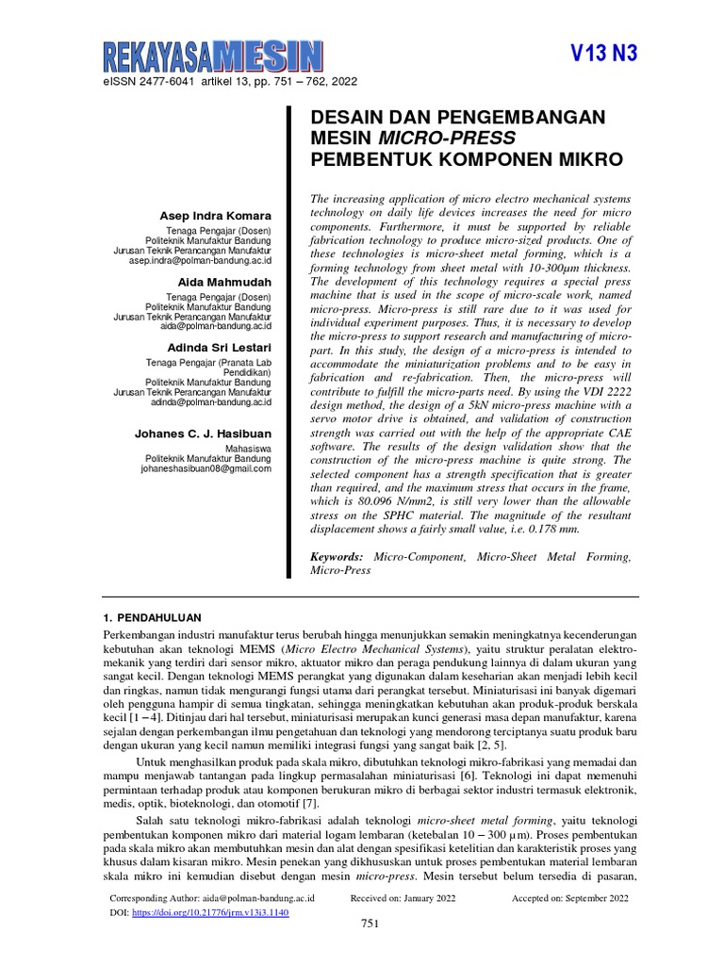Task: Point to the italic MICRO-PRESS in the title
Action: [x=433, y=139]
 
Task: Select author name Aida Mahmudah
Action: [x=224, y=282]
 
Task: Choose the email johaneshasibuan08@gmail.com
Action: [x=206, y=467]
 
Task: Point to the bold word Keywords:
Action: [x=337, y=558]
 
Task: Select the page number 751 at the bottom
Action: [x=370, y=924]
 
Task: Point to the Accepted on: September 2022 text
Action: [x=569, y=899]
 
